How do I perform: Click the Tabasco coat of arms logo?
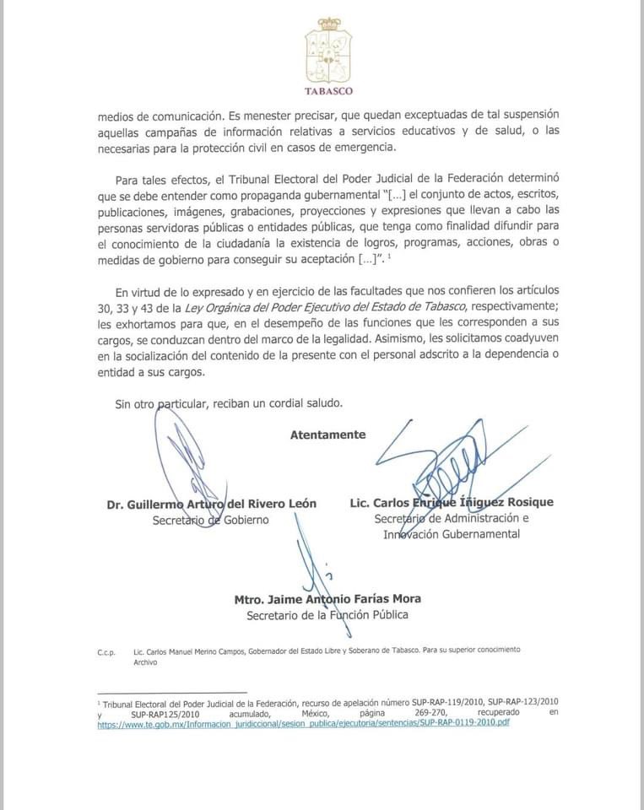click(x=329, y=50)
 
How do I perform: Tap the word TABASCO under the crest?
click(x=329, y=91)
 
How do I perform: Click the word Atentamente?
click(x=328, y=435)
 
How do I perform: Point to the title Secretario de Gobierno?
click(x=211, y=520)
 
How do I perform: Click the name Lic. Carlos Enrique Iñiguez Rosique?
click(x=452, y=502)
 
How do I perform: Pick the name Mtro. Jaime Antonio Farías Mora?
click(x=328, y=599)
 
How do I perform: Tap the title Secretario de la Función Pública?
click(x=327, y=615)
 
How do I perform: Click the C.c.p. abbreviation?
click(x=107, y=652)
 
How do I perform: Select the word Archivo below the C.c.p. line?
click(x=146, y=663)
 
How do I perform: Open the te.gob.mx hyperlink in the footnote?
click(x=304, y=723)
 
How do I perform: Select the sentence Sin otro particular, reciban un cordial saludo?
click(x=230, y=403)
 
